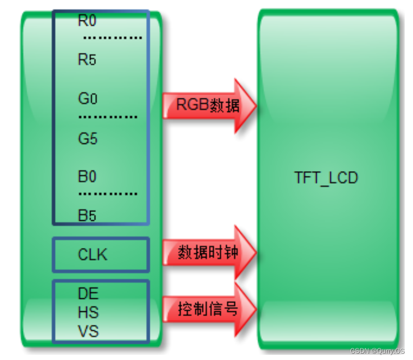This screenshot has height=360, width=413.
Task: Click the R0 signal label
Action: (x=87, y=21)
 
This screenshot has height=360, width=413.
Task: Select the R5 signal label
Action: (x=87, y=60)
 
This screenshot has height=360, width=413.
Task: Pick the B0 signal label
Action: (x=87, y=177)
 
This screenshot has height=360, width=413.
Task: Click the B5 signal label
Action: (x=87, y=215)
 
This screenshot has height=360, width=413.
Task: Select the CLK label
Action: (x=92, y=255)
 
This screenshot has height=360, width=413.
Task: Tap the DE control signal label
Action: (x=88, y=293)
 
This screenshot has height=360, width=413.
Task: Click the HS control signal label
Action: (x=88, y=312)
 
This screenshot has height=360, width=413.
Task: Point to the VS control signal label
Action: (x=88, y=331)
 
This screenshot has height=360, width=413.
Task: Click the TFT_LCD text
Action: (x=326, y=178)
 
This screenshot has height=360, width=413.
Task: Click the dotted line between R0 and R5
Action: (x=112, y=38)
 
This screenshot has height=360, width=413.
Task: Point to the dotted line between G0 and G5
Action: (x=108, y=117)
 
